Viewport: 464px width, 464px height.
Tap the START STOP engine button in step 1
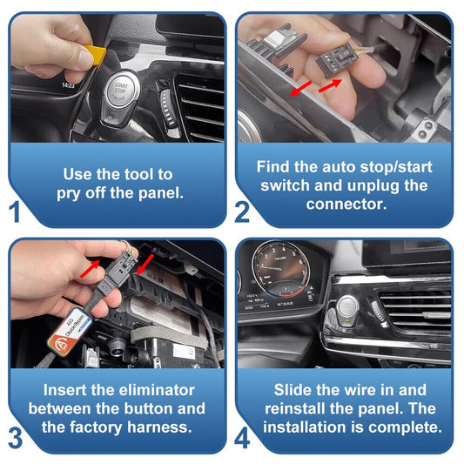tap(122, 89)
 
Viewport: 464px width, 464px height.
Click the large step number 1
tap(15, 212)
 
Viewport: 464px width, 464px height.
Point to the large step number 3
tap(16, 438)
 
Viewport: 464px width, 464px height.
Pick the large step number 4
tap(242, 438)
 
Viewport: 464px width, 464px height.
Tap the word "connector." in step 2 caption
tap(346, 205)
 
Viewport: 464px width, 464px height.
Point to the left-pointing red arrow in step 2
tap(300, 89)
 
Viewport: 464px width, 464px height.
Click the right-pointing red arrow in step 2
tap(330, 85)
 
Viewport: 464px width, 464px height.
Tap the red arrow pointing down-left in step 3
tap(145, 265)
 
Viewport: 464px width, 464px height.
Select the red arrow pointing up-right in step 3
tap(90, 269)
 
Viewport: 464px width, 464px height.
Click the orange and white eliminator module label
tap(70, 330)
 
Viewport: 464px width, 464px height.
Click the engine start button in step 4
tap(347, 308)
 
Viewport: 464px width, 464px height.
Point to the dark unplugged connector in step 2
tap(336, 60)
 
